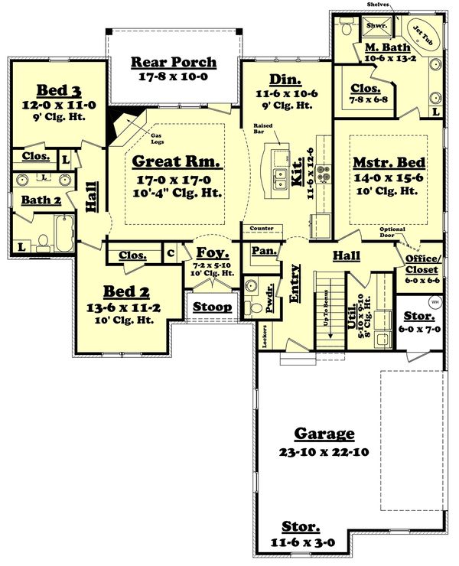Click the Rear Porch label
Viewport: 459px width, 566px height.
tap(174, 62)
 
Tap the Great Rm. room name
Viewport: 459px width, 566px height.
tap(177, 161)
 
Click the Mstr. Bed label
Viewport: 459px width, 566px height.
tap(384, 163)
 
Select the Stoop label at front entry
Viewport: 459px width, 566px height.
tap(211, 307)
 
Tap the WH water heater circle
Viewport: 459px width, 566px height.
tap(435, 302)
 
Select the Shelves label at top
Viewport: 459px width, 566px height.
tap(377, 5)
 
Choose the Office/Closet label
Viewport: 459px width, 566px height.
tap(422, 265)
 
